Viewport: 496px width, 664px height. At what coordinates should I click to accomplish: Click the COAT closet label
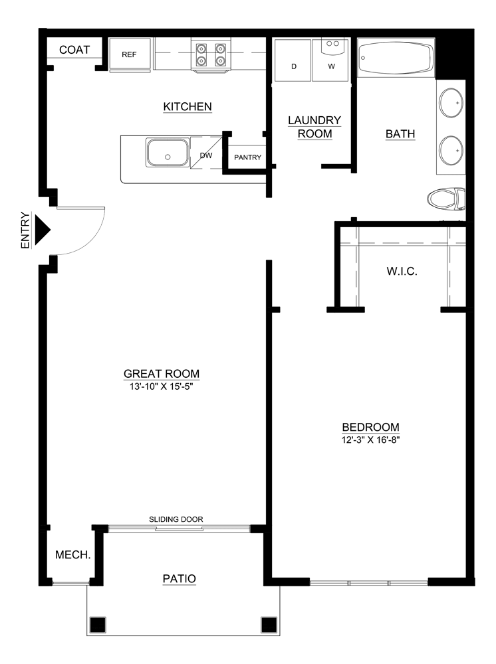tap(74, 50)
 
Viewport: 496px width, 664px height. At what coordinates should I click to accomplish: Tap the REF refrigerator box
tap(129, 54)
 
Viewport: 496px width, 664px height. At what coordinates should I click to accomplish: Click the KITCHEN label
tap(187, 106)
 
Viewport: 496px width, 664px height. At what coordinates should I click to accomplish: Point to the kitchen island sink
tap(167, 153)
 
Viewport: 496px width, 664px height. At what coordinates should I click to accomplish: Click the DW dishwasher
tap(205, 156)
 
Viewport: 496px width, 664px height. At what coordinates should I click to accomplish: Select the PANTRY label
tap(247, 157)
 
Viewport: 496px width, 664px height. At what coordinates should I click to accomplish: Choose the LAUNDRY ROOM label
tap(314, 127)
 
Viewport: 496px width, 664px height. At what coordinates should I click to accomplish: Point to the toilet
tap(446, 198)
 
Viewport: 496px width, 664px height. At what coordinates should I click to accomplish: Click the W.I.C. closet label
tap(402, 272)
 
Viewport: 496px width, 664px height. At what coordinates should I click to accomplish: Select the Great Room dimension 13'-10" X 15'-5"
tap(162, 386)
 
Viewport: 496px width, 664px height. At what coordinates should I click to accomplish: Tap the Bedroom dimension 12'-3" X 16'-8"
tap(370, 440)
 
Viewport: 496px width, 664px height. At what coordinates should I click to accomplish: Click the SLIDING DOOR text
tap(176, 519)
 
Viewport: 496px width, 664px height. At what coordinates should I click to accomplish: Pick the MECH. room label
tap(72, 554)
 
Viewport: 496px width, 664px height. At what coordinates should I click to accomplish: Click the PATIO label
tap(180, 578)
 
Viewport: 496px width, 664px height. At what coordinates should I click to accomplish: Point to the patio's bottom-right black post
tap(269, 624)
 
